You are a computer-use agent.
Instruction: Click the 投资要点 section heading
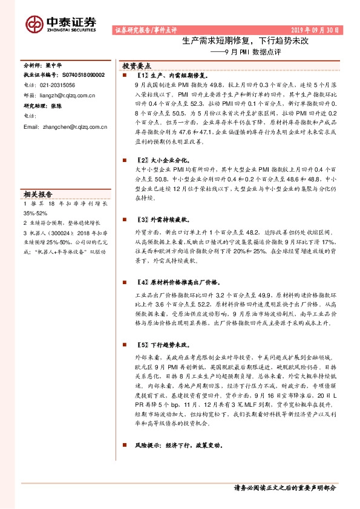(137, 65)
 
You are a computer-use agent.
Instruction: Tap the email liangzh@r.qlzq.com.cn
(65, 95)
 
